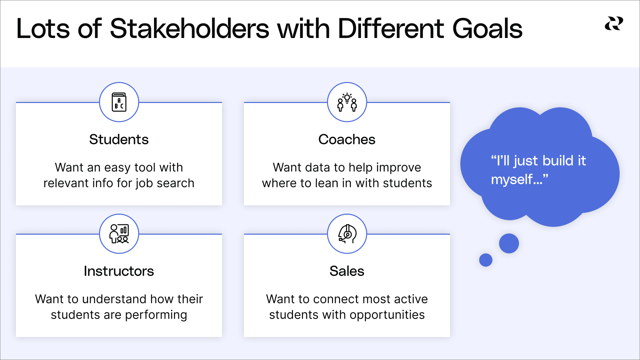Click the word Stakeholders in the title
(x=189, y=29)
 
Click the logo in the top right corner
(x=614, y=24)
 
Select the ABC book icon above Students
(x=119, y=102)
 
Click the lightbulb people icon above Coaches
(x=347, y=102)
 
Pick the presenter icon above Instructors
(x=119, y=234)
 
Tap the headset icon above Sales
(x=347, y=234)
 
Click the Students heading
(x=119, y=139)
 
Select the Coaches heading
(x=347, y=139)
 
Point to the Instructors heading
(x=119, y=271)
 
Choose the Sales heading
(x=347, y=271)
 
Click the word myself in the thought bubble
(x=512, y=180)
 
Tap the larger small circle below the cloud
(x=509, y=243)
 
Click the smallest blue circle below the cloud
(x=486, y=260)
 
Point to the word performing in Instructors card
(x=156, y=315)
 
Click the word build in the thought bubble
(x=557, y=161)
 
